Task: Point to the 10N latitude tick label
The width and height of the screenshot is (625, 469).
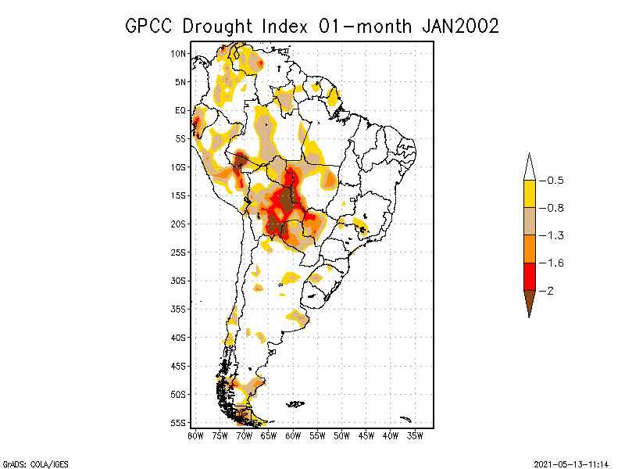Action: tap(179, 53)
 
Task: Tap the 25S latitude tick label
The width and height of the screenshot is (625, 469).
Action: tap(179, 252)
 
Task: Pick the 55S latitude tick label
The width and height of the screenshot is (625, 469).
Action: tap(179, 422)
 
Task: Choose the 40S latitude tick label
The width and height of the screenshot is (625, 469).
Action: tap(179, 337)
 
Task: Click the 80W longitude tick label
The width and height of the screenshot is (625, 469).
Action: tap(195, 435)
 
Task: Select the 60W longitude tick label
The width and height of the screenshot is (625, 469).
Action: tap(293, 435)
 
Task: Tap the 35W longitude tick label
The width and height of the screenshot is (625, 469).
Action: tap(415, 435)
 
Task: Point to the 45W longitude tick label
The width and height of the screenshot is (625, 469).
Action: tap(366, 435)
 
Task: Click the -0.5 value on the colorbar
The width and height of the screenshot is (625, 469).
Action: tap(554, 181)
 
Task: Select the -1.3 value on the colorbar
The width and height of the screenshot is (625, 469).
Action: tap(554, 235)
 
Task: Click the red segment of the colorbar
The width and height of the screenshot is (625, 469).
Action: tap(529, 276)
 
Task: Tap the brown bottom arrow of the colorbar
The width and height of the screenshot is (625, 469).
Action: tap(529, 302)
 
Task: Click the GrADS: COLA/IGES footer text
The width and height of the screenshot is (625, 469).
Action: tap(27, 463)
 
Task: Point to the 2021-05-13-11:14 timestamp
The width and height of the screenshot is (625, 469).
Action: tap(571, 463)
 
